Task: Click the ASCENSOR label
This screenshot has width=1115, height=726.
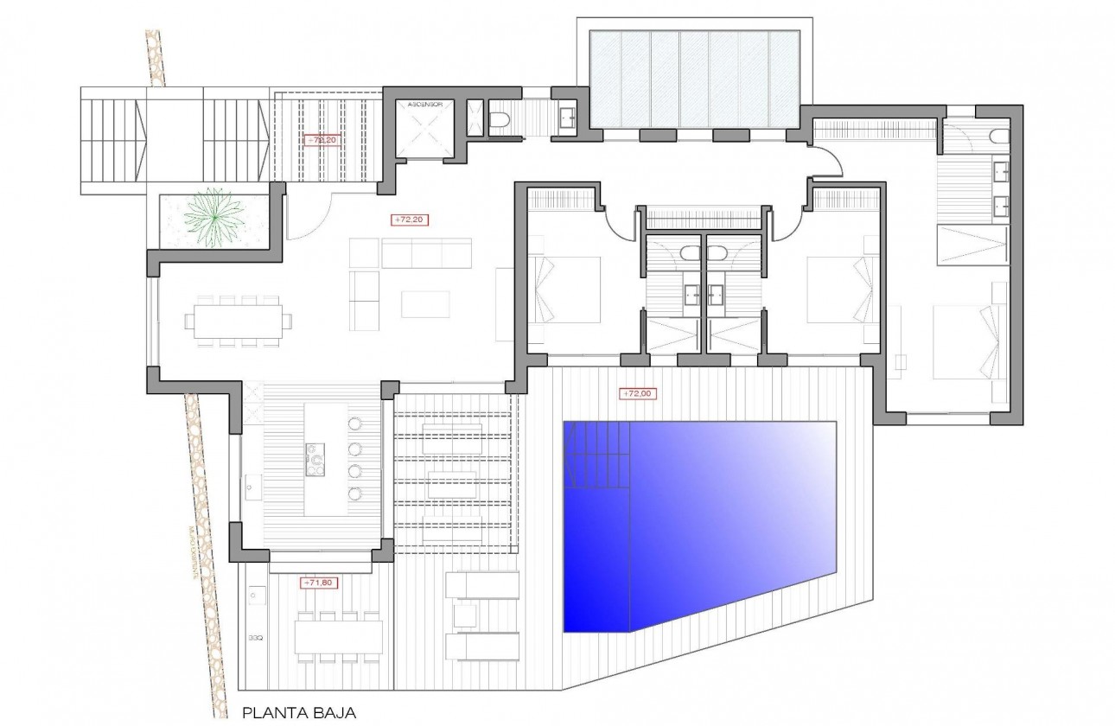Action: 424,104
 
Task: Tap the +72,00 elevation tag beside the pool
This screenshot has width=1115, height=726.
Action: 638,394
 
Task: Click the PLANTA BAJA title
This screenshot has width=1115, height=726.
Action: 299,714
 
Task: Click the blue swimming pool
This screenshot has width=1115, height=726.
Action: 700,519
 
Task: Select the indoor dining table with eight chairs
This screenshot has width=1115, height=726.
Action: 233,321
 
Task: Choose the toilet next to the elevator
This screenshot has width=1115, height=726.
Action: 500,120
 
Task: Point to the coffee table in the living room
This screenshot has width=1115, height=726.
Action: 425,302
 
